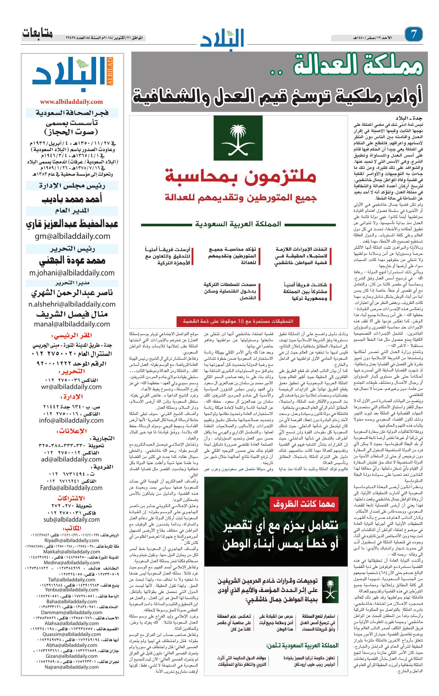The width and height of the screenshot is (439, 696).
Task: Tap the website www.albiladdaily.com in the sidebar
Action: click(71, 102)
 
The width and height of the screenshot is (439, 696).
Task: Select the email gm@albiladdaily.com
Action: click(72, 236)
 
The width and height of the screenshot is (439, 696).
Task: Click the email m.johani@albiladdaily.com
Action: click(72, 273)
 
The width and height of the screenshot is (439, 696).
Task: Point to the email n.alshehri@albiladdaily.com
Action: click(72, 304)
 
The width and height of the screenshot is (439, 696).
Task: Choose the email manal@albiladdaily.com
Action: click(72, 324)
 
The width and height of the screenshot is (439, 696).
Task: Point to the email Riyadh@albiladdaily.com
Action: click(72, 541)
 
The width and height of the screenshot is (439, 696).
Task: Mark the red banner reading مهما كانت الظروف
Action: click(304, 504)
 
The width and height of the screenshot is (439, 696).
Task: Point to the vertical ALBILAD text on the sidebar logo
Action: click(110, 71)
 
